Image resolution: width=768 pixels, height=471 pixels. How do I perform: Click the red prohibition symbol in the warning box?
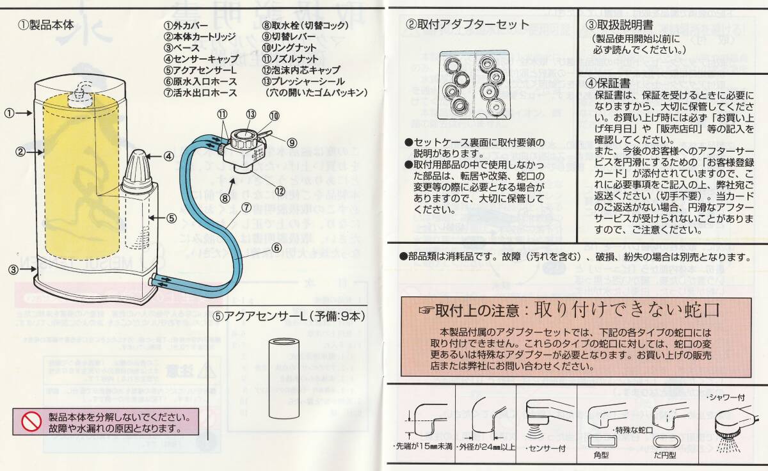[31, 421]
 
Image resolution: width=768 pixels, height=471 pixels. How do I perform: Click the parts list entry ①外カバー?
[184, 26]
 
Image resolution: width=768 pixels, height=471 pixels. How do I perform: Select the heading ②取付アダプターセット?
[468, 25]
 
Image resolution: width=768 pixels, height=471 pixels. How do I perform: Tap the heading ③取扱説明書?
[619, 25]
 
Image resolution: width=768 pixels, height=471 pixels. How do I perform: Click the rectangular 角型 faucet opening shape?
[600, 441]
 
